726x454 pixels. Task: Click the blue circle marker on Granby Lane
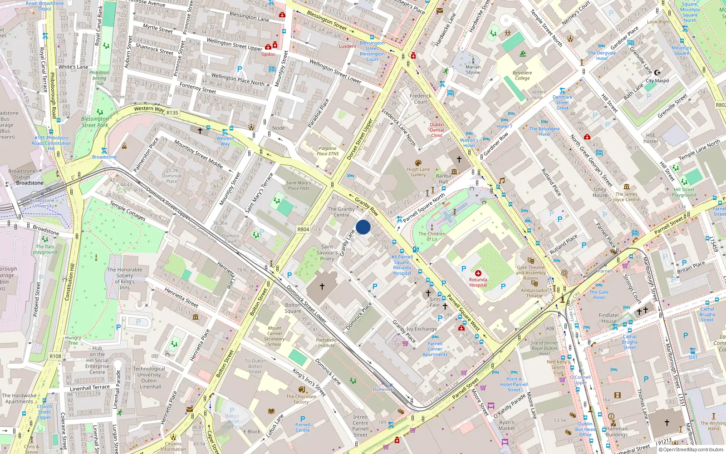tap(363, 227)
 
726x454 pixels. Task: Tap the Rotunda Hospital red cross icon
tap(478, 273)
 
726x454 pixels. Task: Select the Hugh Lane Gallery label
tap(418, 172)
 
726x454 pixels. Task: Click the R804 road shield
tap(303, 229)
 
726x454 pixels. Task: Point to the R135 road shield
tap(172, 113)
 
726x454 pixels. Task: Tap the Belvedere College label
tap(522, 75)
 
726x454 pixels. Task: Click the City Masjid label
tap(657, 80)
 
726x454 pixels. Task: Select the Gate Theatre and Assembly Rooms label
tap(531, 272)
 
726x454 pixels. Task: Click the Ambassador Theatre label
tap(534, 293)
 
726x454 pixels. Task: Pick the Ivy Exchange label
tap(422, 329)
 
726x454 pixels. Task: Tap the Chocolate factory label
tap(301, 399)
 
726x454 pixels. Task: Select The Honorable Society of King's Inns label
tap(124, 278)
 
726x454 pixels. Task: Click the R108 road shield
tap(55, 356)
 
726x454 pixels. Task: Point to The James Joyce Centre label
tap(626, 197)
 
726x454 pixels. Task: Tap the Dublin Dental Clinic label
tap(437, 130)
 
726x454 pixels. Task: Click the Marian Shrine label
tap(473, 69)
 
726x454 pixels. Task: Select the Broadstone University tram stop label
tap(42, 203)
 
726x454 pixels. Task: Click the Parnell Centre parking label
tap(303, 427)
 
